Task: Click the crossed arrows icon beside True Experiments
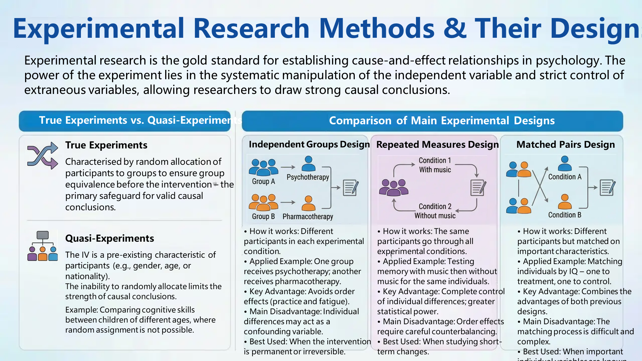[x=42, y=155]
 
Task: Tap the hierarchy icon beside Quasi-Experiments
[x=42, y=246]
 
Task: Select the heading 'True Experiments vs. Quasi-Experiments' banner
[x=125, y=121]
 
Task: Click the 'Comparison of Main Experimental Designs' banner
[x=432, y=121]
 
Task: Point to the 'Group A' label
[x=263, y=182]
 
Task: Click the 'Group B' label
[x=263, y=216]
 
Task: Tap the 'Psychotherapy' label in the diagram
[x=308, y=177]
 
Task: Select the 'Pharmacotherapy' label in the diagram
[x=308, y=217]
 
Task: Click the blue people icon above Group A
[x=263, y=167]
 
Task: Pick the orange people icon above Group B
[x=263, y=203]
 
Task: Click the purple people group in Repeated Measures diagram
[x=394, y=188]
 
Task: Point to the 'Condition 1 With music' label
[x=435, y=165]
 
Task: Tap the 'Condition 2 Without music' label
[x=435, y=211]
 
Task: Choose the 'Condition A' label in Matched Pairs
[x=565, y=177]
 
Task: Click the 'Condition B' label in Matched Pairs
[x=565, y=215]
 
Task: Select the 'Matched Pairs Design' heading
[x=565, y=144]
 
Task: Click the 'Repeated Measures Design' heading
[x=437, y=144]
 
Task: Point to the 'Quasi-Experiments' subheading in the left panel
[x=110, y=238]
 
